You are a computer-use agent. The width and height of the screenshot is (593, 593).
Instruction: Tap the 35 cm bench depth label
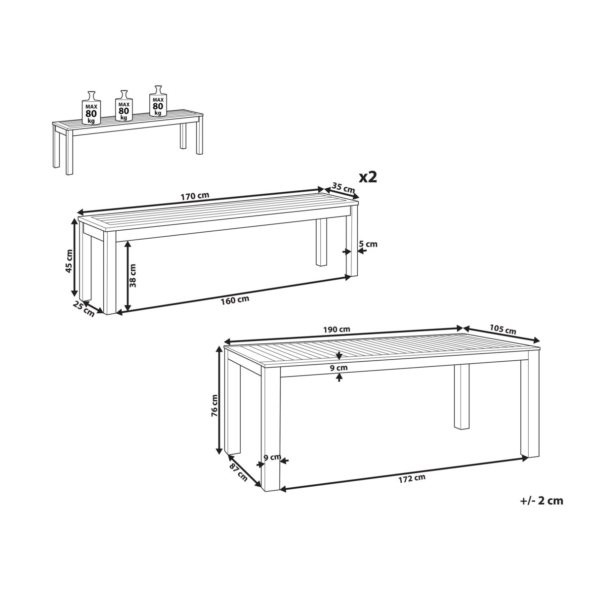(343, 187)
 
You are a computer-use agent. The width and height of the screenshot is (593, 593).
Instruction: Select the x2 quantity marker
(368, 177)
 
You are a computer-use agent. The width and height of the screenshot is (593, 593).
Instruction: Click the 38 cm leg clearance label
(132, 275)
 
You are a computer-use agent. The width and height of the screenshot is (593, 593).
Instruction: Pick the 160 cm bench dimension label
(235, 300)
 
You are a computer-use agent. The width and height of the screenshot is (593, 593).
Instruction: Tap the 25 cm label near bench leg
(84, 309)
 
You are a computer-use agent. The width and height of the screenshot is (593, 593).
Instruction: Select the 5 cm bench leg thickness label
(368, 244)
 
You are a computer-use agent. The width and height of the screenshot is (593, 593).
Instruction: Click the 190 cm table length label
(337, 329)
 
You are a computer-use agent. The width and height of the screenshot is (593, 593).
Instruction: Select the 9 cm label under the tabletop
(339, 368)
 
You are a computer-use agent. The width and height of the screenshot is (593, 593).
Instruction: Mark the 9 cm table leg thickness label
(272, 466)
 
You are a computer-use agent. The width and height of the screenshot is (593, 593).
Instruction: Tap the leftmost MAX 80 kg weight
(91, 108)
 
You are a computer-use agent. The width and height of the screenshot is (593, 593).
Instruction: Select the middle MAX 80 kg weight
(124, 106)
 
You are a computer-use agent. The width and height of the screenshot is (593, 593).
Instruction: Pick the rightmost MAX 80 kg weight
(158, 101)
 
